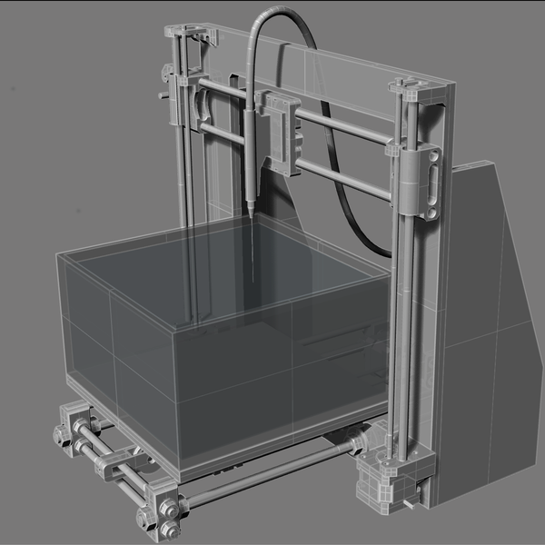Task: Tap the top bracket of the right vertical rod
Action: click(x=413, y=92)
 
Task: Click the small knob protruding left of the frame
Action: click(x=163, y=94)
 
